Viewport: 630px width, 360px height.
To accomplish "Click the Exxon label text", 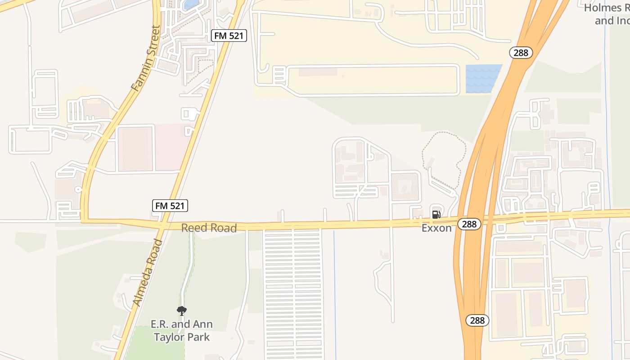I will pyautogui.click(x=436, y=228).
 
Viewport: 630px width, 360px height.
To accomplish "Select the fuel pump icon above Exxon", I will pyautogui.click(x=436, y=215).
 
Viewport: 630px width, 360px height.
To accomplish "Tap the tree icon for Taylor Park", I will pyautogui.click(x=182, y=311).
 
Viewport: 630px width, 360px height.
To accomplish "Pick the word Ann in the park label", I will pyautogui.click(x=202, y=324).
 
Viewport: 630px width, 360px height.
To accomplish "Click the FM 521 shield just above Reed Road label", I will pyautogui.click(x=170, y=206).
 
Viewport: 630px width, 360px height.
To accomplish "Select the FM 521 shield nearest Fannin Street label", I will pyautogui.click(x=229, y=36).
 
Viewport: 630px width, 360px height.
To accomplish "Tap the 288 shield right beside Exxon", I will pyautogui.click(x=469, y=224).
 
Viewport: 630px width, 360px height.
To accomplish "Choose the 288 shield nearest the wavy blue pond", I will pyautogui.click(x=521, y=53).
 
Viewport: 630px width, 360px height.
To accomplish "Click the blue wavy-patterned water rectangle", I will pyautogui.click(x=483, y=79).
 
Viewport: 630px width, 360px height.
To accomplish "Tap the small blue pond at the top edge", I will pyautogui.click(x=192, y=4).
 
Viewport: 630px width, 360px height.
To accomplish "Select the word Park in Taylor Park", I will pyautogui.click(x=199, y=337).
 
